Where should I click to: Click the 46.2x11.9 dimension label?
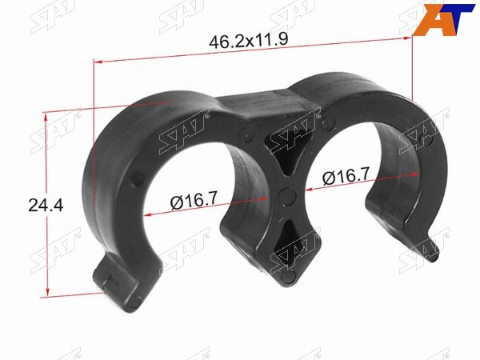(248, 41)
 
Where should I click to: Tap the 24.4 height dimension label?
(46, 205)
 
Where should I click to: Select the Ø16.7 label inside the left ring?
(194, 200)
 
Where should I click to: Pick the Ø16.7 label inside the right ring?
(346, 176)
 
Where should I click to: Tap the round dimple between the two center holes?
(288, 196)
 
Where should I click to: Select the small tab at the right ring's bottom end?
(432, 249)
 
